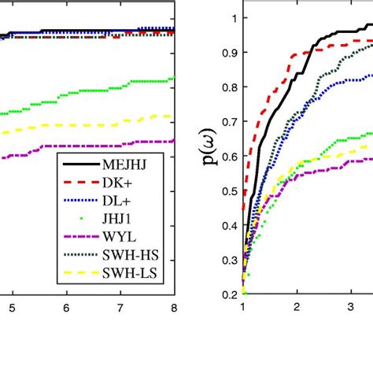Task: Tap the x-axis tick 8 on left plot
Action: point(174,308)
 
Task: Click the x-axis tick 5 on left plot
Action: point(12,308)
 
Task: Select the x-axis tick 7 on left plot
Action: point(120,308)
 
